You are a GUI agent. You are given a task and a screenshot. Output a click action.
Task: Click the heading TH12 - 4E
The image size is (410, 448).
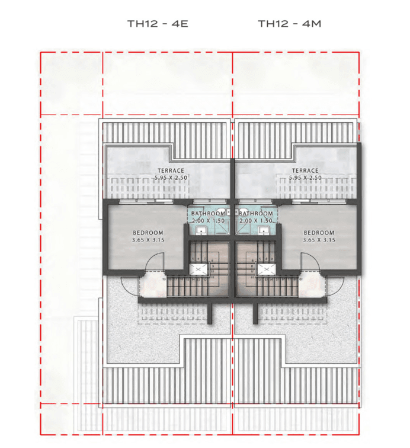[158, 24]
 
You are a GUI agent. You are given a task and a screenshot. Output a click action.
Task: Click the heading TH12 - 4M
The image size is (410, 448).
[289, 24]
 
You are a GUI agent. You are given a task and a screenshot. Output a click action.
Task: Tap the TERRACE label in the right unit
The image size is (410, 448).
[304, 171]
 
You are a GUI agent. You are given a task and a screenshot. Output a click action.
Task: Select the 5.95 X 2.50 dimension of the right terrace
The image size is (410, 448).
[304, 178]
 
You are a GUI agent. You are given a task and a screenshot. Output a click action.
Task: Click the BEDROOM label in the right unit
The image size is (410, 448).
[319, 233]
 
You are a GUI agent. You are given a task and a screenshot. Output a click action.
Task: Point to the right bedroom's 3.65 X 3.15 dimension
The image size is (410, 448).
[319, 240]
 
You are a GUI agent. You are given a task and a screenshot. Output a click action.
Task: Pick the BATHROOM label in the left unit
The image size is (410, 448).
[208, 214]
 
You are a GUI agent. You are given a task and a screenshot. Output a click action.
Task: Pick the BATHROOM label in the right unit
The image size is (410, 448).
[256, 214]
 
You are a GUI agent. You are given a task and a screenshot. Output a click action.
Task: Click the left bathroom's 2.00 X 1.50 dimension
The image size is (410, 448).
[208, 221]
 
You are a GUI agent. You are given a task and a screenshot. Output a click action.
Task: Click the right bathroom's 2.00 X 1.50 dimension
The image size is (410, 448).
[256, 221]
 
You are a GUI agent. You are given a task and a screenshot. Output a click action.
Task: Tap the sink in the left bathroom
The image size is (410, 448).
[201, 230]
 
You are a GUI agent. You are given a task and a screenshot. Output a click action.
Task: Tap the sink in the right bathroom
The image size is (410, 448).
[264, 230]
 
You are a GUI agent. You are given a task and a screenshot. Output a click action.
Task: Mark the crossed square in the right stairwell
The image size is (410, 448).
[265, 269]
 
